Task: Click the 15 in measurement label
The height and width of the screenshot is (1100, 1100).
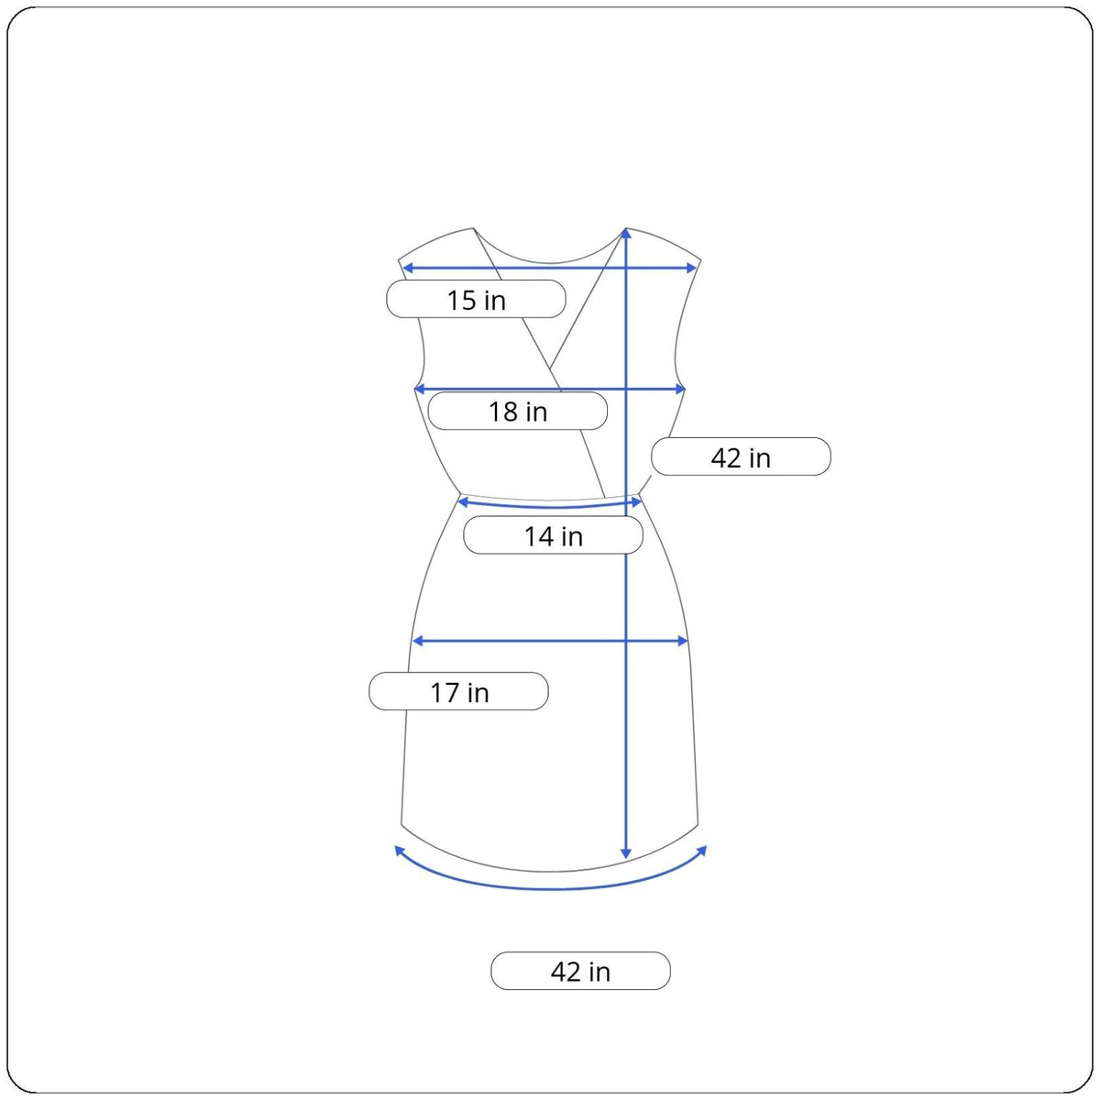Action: click(476, 299)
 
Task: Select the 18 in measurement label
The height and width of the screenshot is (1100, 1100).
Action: click(517, 411)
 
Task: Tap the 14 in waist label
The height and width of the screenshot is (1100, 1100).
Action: click(553, 534)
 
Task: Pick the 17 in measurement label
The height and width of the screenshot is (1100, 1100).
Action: click(458, 691)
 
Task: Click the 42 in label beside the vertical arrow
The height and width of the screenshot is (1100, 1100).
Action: click(741, 456)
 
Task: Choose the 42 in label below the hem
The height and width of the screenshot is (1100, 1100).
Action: click(580, 971)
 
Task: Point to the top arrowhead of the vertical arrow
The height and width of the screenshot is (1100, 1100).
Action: click(626, 233)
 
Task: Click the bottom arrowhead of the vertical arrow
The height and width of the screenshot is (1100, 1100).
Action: click(626, 852)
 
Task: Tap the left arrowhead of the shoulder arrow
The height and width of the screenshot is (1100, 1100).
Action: click(408, 268)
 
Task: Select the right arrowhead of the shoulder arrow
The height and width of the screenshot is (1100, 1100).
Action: click(691, 268)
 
